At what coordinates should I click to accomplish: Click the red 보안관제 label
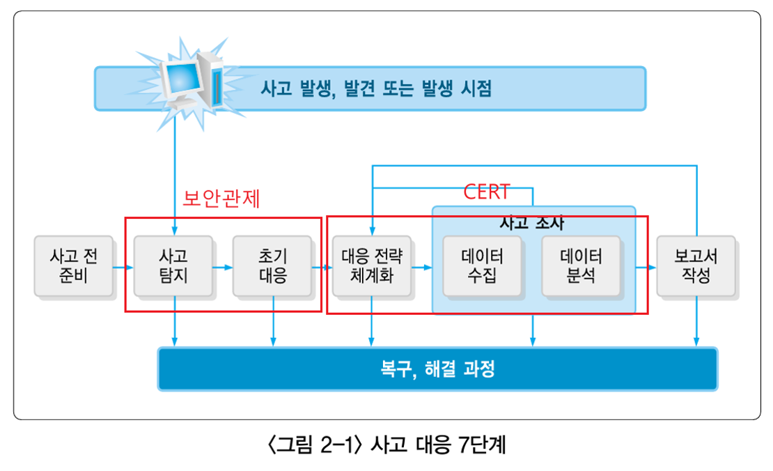221,199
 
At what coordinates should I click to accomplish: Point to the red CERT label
487,192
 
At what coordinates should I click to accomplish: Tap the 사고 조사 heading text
533,223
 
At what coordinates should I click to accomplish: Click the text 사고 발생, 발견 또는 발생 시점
376,89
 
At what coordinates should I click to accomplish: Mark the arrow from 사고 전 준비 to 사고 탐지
123,267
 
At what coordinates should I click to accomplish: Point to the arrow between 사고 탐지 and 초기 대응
223,267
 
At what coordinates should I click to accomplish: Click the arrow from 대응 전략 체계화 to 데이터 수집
421,267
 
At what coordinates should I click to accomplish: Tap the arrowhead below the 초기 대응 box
273,341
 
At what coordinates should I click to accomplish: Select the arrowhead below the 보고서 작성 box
696,341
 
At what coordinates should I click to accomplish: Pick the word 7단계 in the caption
481,444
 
